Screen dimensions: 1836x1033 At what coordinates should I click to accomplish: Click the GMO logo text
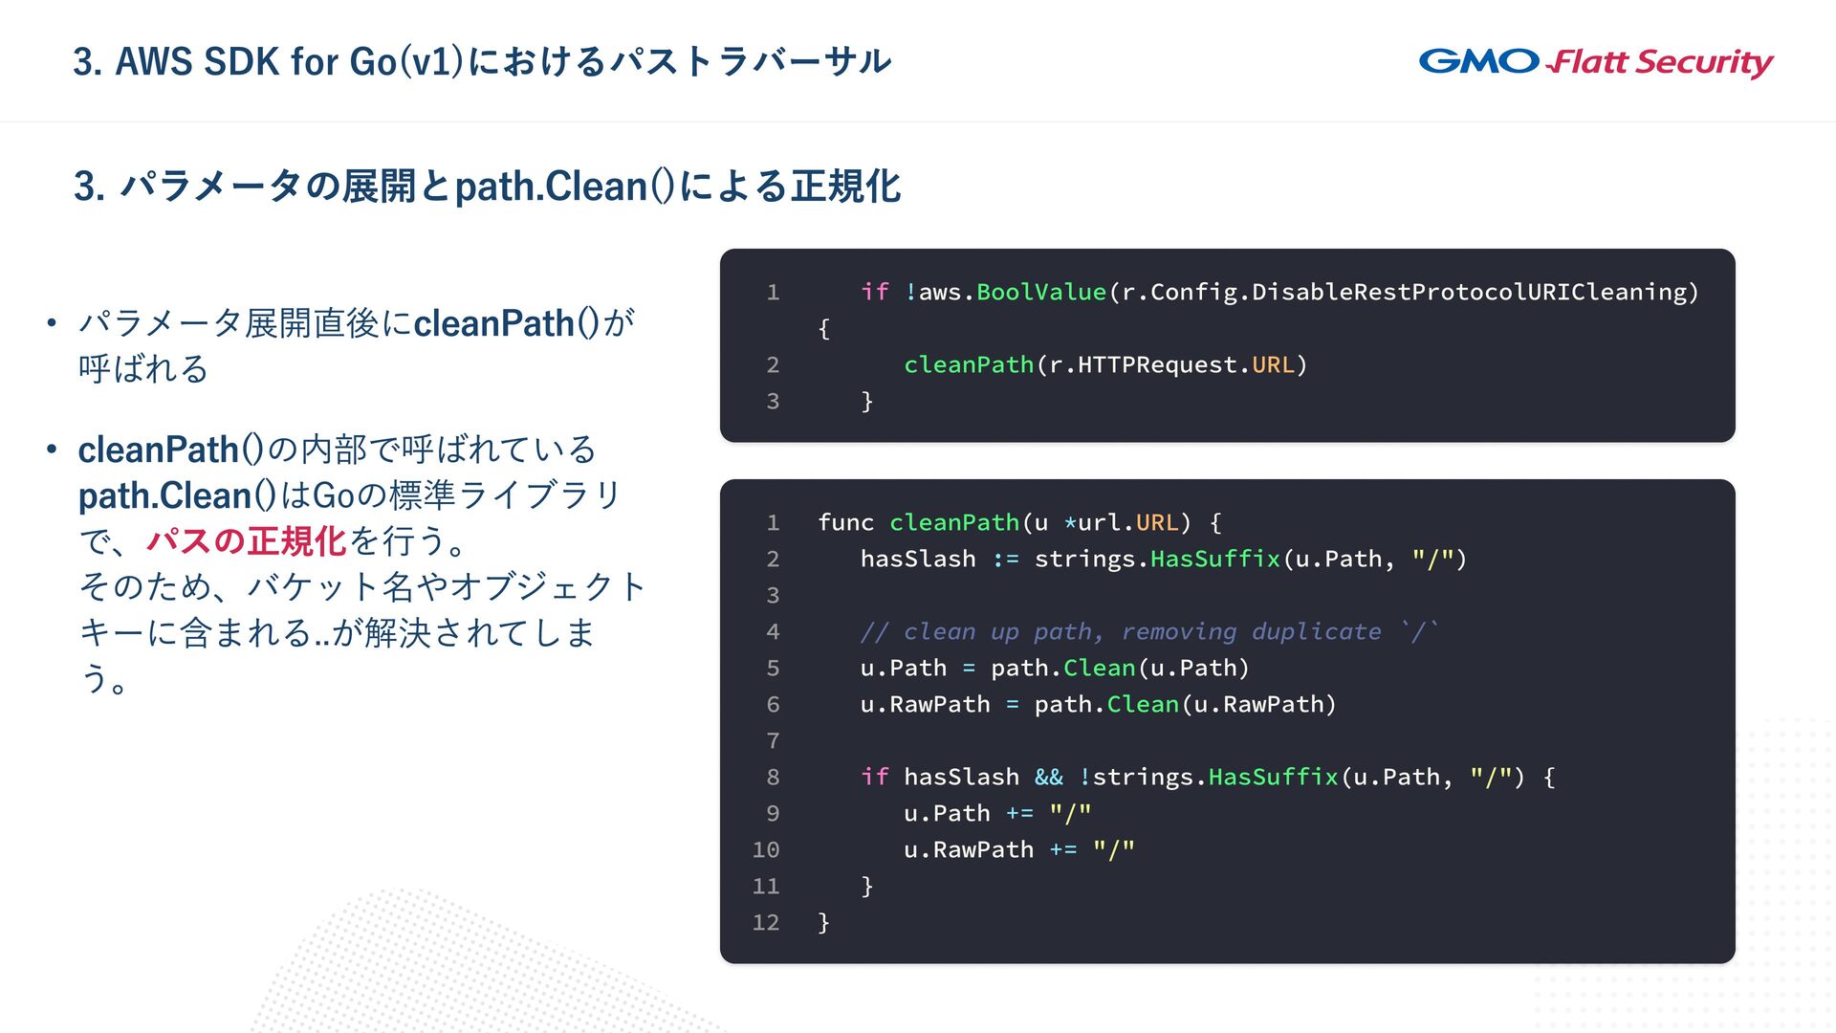click(1478, 62)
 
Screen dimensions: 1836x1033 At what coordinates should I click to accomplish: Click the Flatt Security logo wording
click(1662, 63)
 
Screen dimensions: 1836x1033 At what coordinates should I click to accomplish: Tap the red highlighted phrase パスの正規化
click(246, 541)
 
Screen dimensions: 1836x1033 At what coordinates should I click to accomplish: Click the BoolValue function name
click(1040, 292)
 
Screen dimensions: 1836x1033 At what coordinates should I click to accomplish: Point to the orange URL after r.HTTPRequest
click(1273, 364)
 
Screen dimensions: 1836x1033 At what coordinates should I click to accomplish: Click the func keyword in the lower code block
click(845, 522)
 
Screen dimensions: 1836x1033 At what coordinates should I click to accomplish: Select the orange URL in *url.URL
click(1157, 522)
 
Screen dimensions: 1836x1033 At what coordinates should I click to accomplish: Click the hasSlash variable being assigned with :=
click(918, 559)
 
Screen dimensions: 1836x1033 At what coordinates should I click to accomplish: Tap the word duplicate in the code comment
click(1316, 631)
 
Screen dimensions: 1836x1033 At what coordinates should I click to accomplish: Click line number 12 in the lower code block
click(766, 922)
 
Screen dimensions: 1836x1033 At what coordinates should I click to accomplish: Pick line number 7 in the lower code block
click(773, 740)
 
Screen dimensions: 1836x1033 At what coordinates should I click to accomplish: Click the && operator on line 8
click(1048, 777)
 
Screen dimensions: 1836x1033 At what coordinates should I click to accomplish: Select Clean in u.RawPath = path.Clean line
click(1143, 704)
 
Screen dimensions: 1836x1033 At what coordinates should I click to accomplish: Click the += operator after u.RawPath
click(1062, 849)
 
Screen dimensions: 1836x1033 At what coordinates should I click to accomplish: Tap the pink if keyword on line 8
click(874, 777)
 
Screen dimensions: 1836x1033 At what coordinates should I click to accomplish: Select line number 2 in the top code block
click(773, 364)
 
